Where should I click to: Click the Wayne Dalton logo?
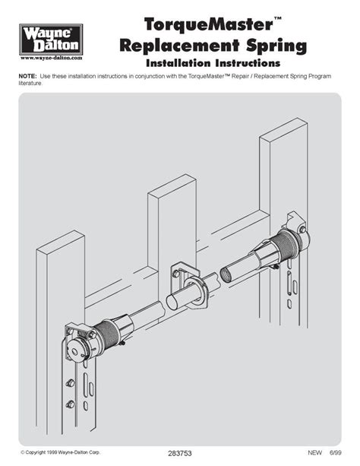pos(51,40)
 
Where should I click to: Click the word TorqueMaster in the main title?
pos(209,24)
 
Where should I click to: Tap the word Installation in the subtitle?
pos(178,63)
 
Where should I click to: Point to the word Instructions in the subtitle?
pos(248,63)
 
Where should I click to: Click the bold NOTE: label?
pos(27,76)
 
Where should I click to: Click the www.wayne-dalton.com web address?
pos(51,58)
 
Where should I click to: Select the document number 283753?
pos(180,453)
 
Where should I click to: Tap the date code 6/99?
pos(336,452)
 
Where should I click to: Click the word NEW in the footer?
pos(314,452)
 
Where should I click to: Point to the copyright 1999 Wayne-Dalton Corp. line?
pos(60,452)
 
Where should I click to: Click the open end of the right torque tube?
pos(226,275)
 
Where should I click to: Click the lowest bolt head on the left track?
pos(71,404)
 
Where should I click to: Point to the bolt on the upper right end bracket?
pos(303,229)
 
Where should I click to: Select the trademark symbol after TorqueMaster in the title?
pos(277,19)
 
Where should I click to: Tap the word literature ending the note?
pos(30,83)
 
